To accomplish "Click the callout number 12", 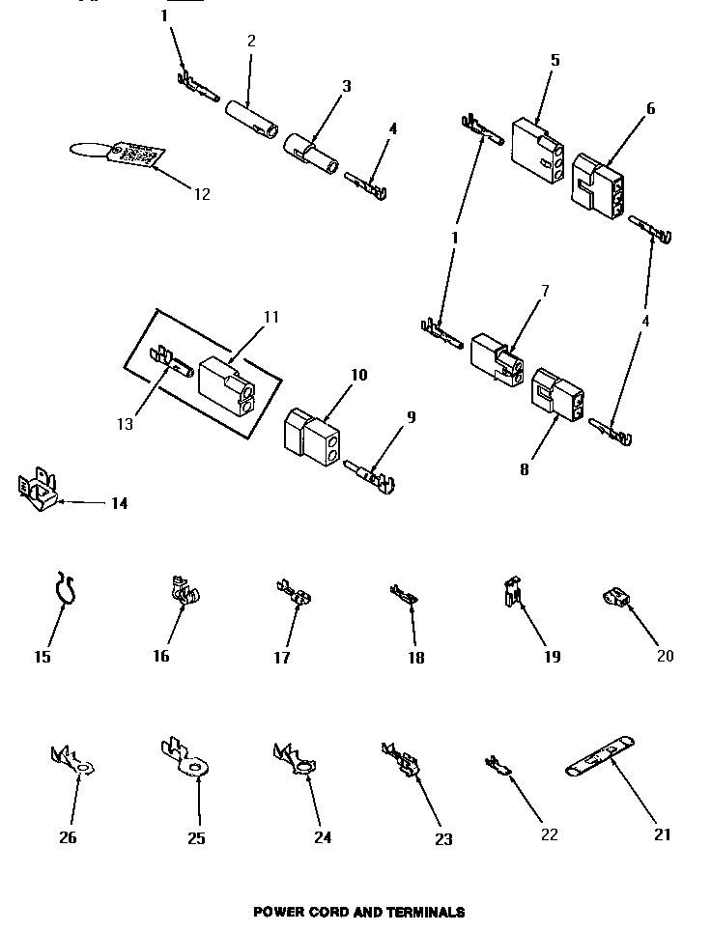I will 201,194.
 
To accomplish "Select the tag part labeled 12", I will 133,155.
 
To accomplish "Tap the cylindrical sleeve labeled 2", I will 252,117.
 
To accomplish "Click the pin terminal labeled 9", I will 371,475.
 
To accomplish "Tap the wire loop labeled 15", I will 64,590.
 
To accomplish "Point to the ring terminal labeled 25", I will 187,760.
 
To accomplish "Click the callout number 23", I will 442,839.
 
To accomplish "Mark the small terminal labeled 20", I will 615,601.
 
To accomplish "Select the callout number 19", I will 550,658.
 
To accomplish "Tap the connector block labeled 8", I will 555,393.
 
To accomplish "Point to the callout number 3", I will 346,87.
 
